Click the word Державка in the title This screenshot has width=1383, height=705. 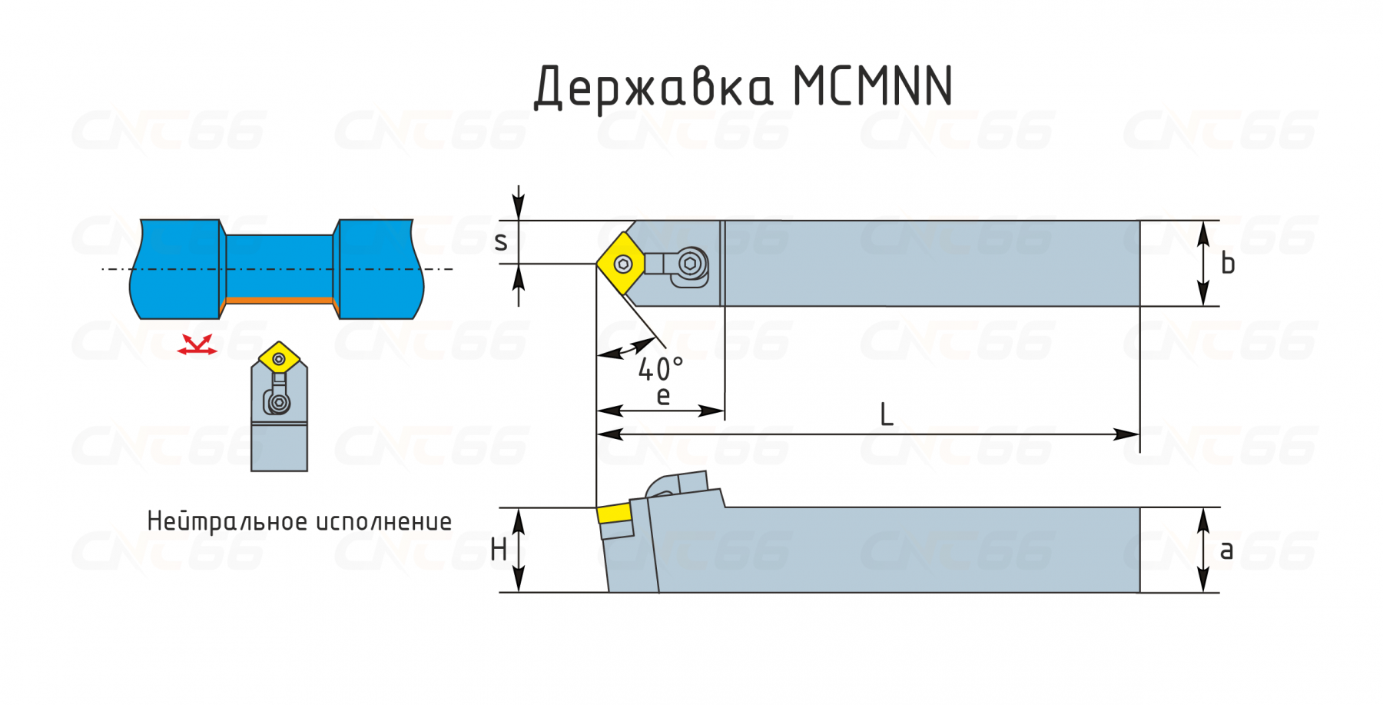[x=653, y=86]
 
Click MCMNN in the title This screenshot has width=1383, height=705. [x=873, y=86]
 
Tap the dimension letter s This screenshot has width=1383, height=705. [x=501, y=242]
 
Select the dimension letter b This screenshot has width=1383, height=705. [x=1228, y=264]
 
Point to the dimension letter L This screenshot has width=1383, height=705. [x=886, y=415]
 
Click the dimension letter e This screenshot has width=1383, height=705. [x=663, y=397]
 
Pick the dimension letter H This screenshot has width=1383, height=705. [x=499, y=550]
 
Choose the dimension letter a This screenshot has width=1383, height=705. [x=1226, y=550]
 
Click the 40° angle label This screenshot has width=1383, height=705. [x=660, y=370]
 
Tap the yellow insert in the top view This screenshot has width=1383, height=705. [x=622, y=264]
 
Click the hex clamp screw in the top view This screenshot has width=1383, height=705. [x=690, y=264]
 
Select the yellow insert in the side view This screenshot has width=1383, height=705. [x=614, y=514]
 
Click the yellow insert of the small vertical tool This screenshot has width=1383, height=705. [x=279, y=357]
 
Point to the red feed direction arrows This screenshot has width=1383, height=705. [x=197, y=345]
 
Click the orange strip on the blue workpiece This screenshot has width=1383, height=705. [x=280, y=300]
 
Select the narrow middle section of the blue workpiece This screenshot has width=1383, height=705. [x=280, y=265]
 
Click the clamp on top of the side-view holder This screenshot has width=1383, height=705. [x=680, y=485]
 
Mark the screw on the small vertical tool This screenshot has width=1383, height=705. [x=280, y=402]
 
